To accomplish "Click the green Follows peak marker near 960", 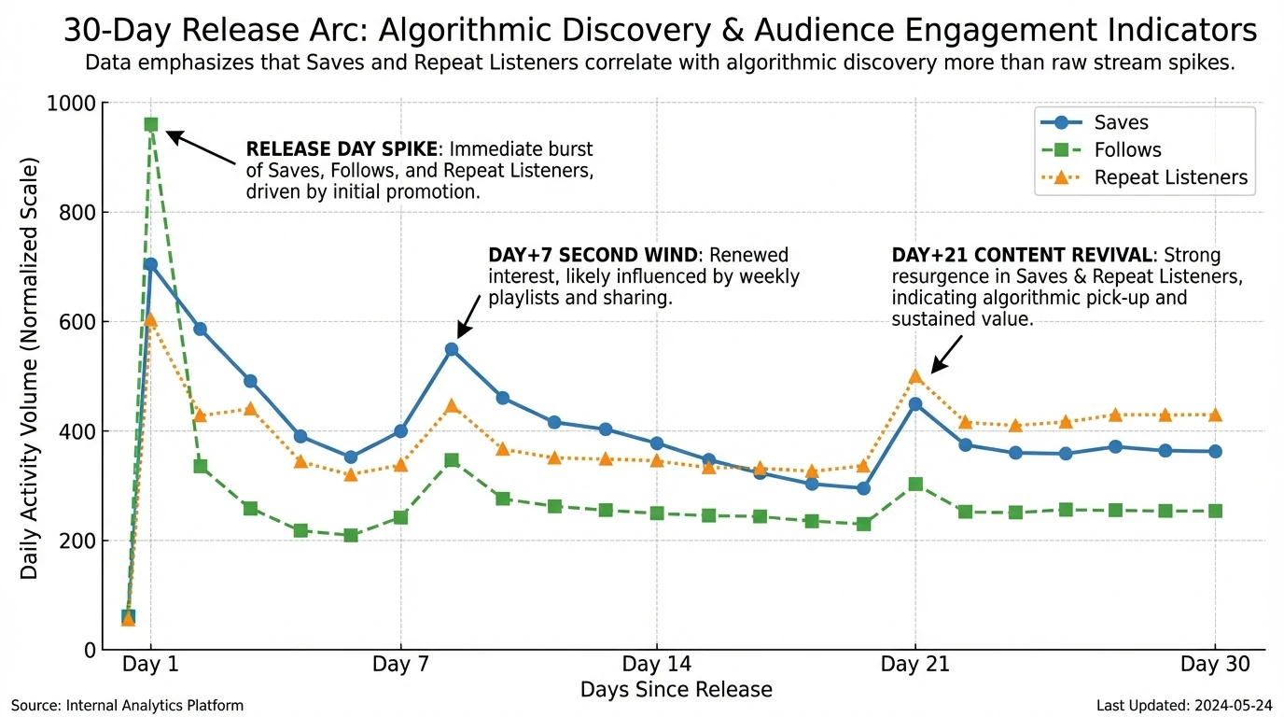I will (151, 124).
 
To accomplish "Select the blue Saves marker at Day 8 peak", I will (452, 349).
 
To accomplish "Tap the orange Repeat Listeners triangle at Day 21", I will (915, 376).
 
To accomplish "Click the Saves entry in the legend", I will (1121, 122).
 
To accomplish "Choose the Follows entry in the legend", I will (1127, 150).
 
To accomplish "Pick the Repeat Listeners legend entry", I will (1170, 177).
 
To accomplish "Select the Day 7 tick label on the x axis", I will (400, 665).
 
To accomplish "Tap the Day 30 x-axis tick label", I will (1213, 665).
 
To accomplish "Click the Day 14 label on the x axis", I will (657, 665).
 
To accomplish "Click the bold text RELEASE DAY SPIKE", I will (341, 149).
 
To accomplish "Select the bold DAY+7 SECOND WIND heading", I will (592, 255).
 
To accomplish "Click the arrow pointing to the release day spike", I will (202, 148).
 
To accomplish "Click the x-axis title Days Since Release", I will (676, 690).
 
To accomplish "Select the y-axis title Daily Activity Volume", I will (30, 370).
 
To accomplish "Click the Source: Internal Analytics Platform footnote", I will (127, 706).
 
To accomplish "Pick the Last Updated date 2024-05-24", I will (1184, 706).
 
